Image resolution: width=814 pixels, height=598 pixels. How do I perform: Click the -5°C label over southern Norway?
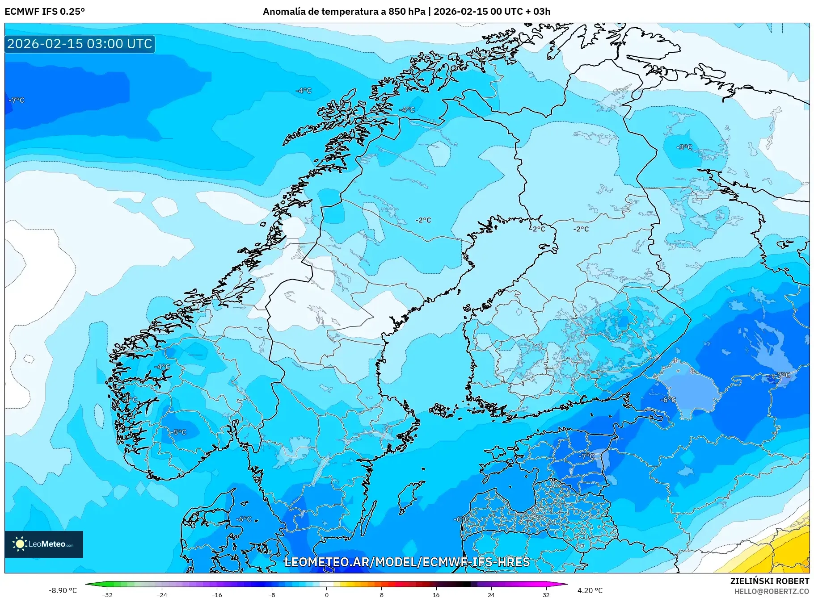[x=178, y=432]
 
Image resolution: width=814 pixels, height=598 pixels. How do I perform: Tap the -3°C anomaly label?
[x=684, y=147]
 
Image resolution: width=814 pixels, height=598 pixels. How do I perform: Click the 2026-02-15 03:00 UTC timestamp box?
[x=80, y=44]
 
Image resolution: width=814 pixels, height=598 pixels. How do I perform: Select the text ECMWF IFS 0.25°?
[x=45, y=12]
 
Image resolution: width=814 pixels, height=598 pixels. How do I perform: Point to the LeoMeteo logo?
[x=44, y=544]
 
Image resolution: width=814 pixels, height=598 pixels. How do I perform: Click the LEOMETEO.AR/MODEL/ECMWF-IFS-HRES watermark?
[x=407, y=562]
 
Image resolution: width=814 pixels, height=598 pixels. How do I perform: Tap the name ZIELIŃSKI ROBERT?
[x=769, y=581]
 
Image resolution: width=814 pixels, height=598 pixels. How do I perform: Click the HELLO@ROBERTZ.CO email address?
[x=771, y=591]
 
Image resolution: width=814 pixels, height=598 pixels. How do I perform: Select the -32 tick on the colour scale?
[x=107, y=594]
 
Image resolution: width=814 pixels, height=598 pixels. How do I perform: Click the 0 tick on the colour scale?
[x=327, y=594]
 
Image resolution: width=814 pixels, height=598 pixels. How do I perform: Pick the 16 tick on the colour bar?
[x=436, y=594]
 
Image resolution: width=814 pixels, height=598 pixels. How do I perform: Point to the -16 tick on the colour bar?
[x=217, y=594]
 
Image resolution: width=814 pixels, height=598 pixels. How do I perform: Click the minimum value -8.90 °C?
[x=63, y=590]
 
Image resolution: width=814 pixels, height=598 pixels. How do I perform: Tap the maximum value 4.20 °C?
[x=590, y=590]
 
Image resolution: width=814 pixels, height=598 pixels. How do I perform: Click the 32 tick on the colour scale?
[x=546, y=594]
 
